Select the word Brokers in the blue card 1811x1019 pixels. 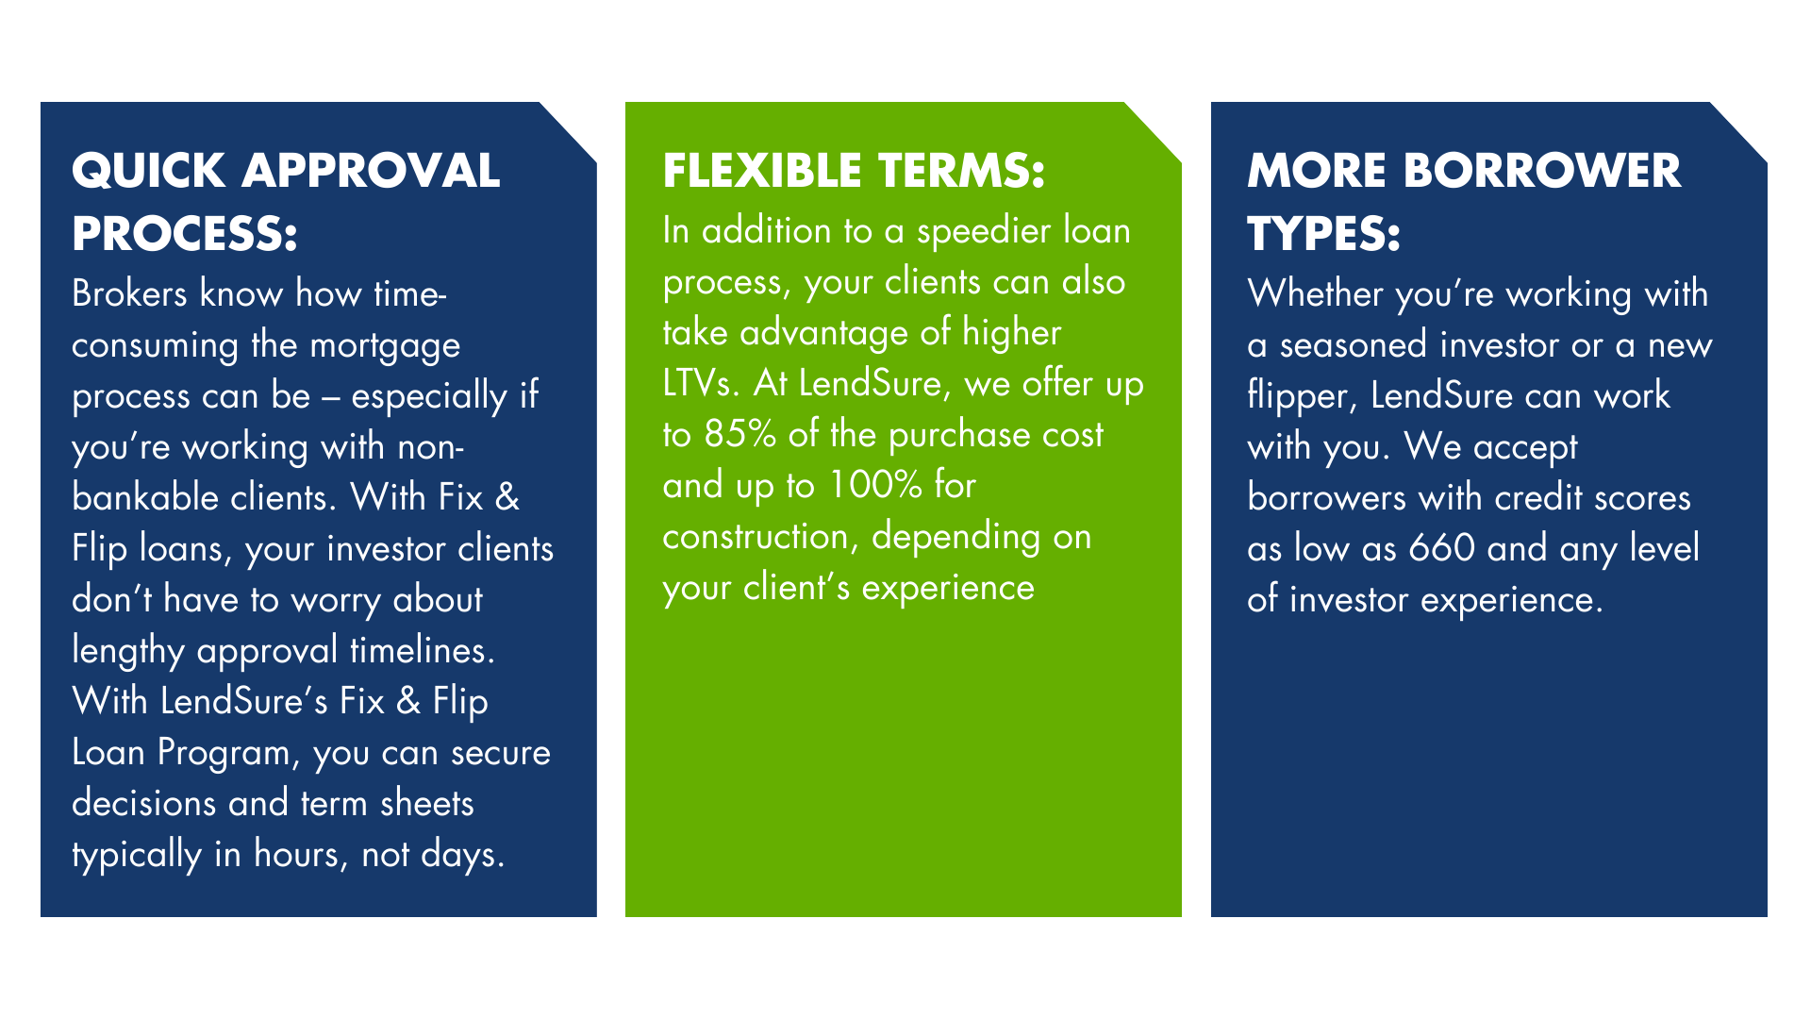coord(129,294)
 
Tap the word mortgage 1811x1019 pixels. coord(385,346)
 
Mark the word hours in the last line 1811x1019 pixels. coord(296,855)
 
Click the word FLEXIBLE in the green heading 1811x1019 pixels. coord(762,172)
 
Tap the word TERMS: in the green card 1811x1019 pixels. coord(961,172)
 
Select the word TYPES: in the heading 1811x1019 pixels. coord(1323,234)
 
